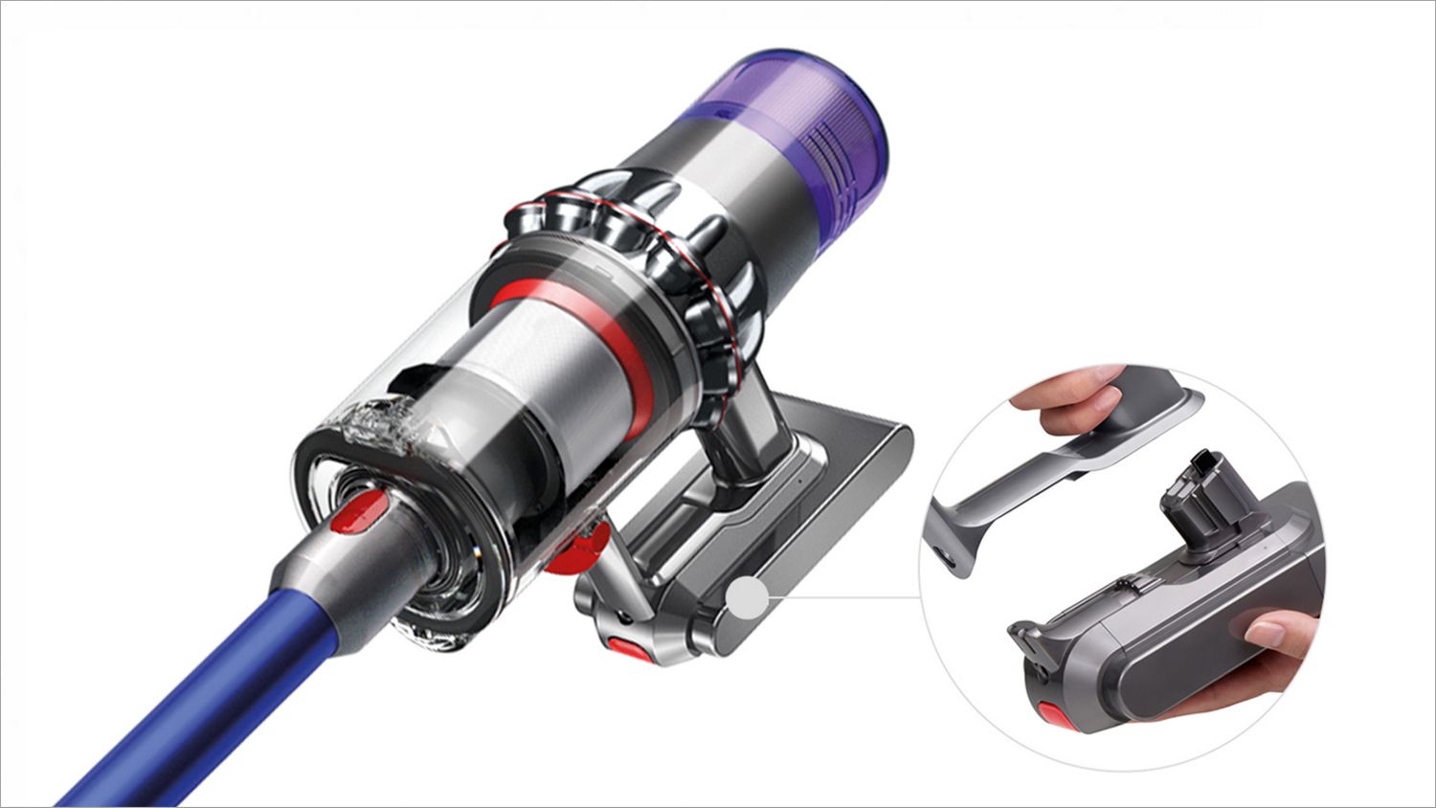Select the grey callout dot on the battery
[x=747, y=599]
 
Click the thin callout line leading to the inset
[x=842, y=596]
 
